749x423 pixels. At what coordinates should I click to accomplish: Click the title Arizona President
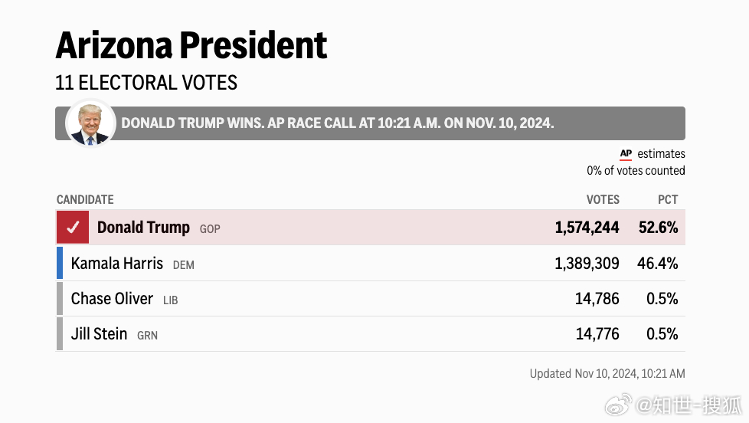click(191, 46)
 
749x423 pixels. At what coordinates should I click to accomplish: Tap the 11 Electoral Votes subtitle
click(146, 83)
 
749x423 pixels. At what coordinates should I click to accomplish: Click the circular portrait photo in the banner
click(90, 123)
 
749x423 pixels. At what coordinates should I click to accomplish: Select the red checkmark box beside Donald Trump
click(73, 228)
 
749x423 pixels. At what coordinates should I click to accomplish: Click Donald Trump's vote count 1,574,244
click(587, 228)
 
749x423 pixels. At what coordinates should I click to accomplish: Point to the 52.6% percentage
click(658, 228)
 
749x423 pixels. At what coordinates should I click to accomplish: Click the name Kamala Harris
click(117, 264)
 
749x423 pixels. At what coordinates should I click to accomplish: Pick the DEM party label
click(184, 265)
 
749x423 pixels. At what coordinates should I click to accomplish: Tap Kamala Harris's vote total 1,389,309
click(587, 264)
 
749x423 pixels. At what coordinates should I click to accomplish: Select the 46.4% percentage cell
click(657, 264)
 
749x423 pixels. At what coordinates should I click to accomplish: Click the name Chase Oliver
click(112, 299)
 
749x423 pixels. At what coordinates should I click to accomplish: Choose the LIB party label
click(171, 300)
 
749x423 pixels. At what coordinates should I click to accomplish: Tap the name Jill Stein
click(99, 334)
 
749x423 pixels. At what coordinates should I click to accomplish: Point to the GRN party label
click(147, 336)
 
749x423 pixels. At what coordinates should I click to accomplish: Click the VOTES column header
click(603, 199)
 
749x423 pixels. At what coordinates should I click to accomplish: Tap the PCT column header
click(668, 199)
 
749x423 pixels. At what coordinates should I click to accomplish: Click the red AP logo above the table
click(626, 154)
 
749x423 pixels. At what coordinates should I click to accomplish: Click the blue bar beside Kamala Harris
click(60, 263)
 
